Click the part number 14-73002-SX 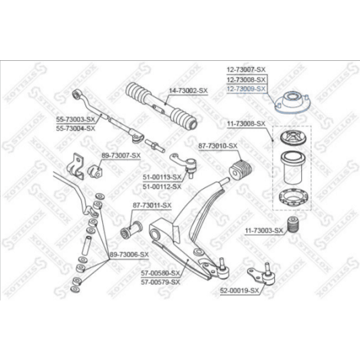click(187, 90)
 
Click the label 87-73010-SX click(218, 146)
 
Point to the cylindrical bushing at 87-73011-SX click(131, 229)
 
